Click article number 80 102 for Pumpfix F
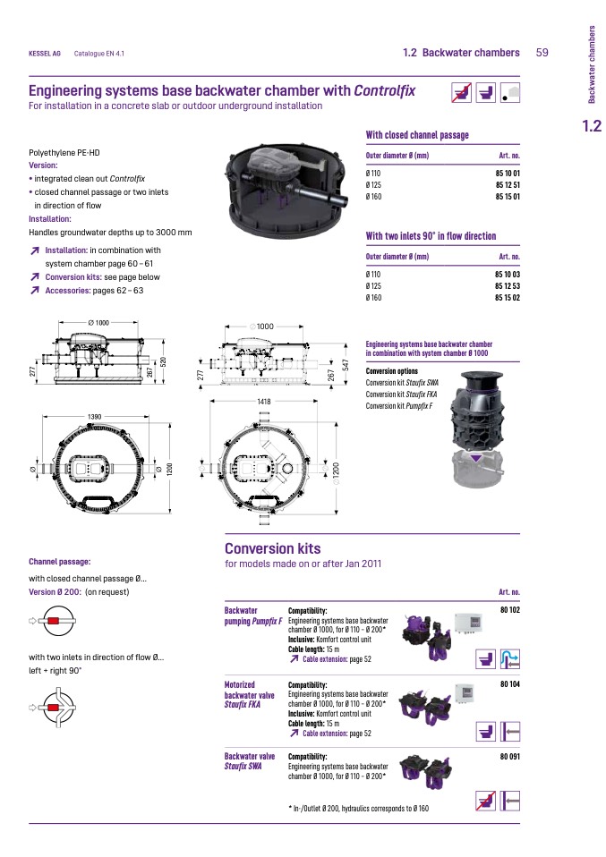point(509,610)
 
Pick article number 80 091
point(509,756)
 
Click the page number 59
point(542,53)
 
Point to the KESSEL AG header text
point(45,54)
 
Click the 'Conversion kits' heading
point(272,548)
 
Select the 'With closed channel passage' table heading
point(417,135)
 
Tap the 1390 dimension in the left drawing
point(94,417)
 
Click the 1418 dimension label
point(264,403)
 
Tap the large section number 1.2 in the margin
point(590,125)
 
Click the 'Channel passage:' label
point(60,562)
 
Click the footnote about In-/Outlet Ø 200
point(358,808)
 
